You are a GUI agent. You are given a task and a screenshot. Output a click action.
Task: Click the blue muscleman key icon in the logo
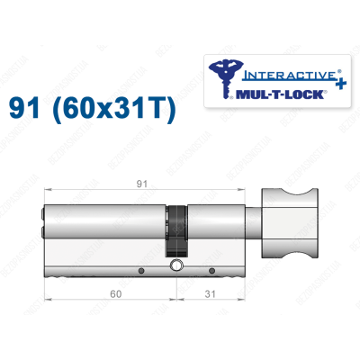pyautogui.click(x=221, y=76)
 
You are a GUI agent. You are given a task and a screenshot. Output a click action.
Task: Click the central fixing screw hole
pyautogui.click(x=176, y=266)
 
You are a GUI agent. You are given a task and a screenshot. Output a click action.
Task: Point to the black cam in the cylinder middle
pyautogui.click(x=178, y=229)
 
